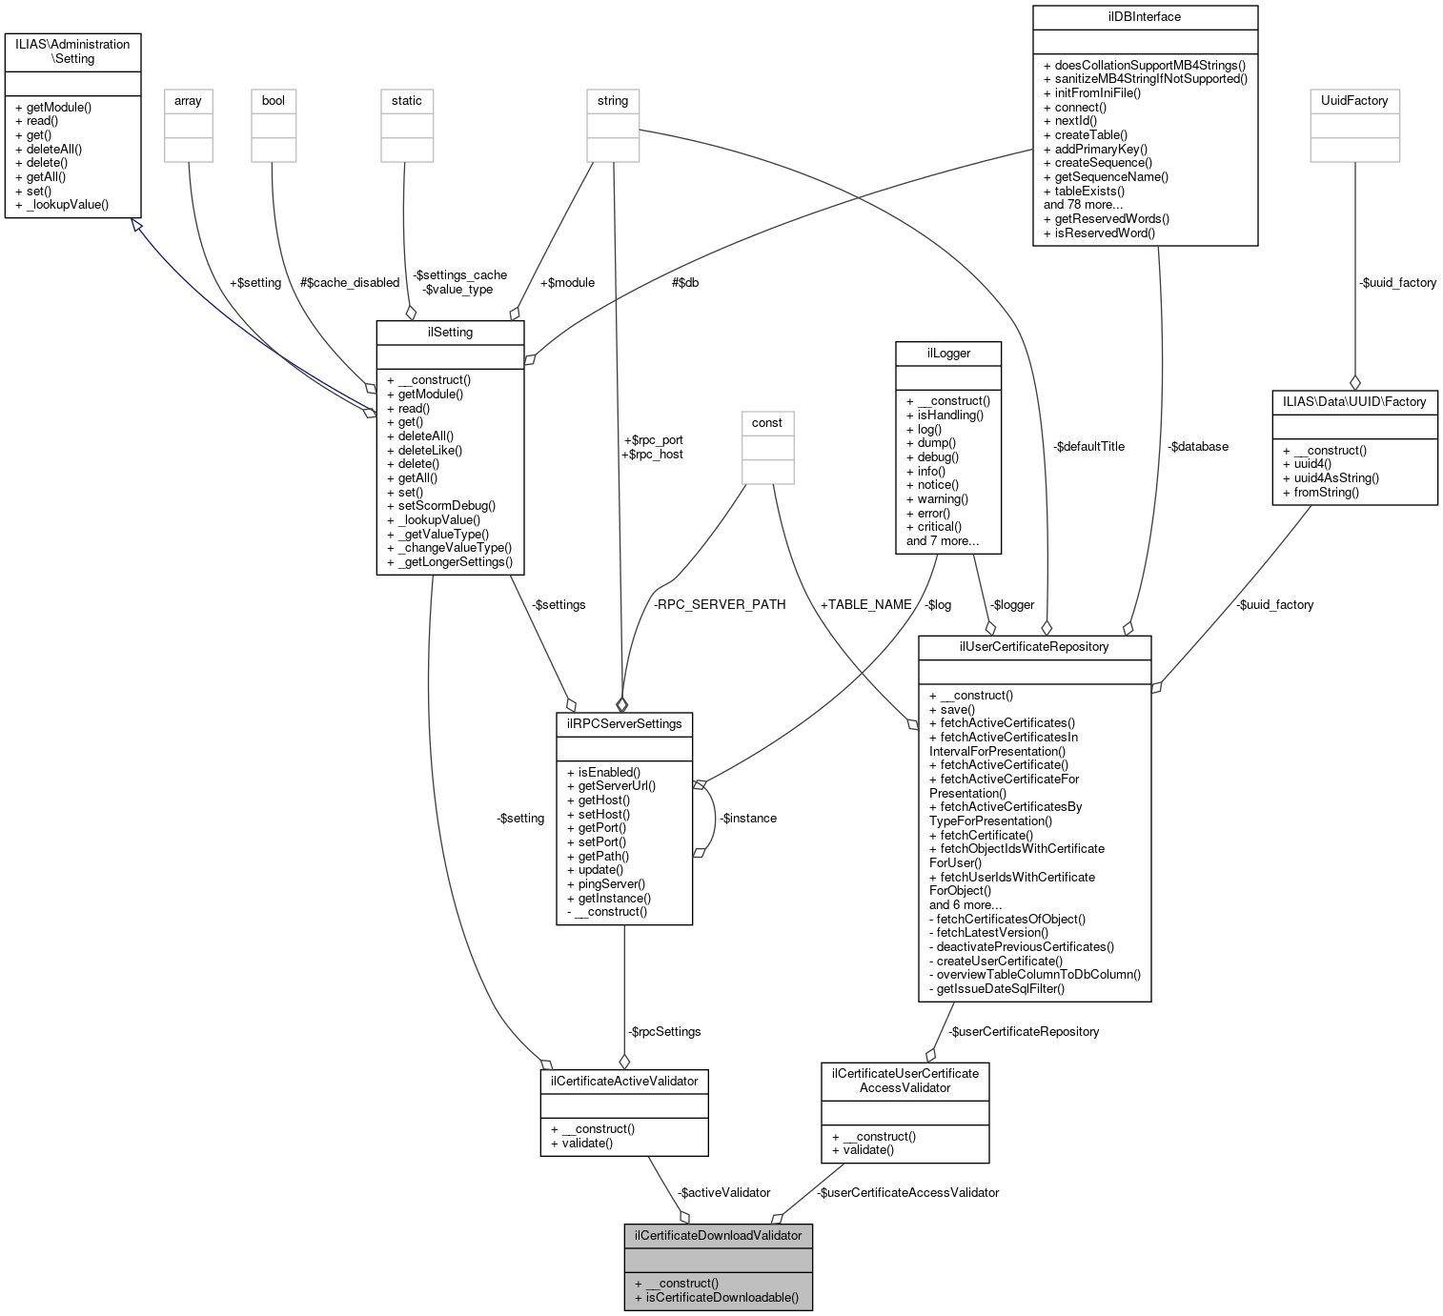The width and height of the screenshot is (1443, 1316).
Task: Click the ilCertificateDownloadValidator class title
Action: (x=718, y=1236)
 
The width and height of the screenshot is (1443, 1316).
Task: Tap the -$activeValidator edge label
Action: (x=723, y=1192)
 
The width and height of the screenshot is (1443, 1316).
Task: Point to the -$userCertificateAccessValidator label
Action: (x=907, y=1192)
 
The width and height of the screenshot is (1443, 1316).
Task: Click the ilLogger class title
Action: (x=948, y=353)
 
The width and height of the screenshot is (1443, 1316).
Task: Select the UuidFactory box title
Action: (x=1354, y=100)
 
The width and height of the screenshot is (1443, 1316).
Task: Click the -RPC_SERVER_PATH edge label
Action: (x=720, y=604)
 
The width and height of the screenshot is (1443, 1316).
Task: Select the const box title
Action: (x=766, y=422)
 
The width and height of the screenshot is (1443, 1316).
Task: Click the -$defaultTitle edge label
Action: (x=1088, y=446)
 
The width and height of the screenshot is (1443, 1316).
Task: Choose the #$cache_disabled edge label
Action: (x=350, y=282)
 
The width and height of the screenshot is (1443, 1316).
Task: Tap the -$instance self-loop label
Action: (x=748, y=818)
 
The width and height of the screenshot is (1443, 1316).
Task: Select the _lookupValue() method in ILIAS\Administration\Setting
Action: (x=68, y=204)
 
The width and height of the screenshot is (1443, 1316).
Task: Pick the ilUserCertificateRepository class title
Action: (x=1034, y=646)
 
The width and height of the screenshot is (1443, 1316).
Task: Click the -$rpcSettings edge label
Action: (x=664, y=1031)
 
